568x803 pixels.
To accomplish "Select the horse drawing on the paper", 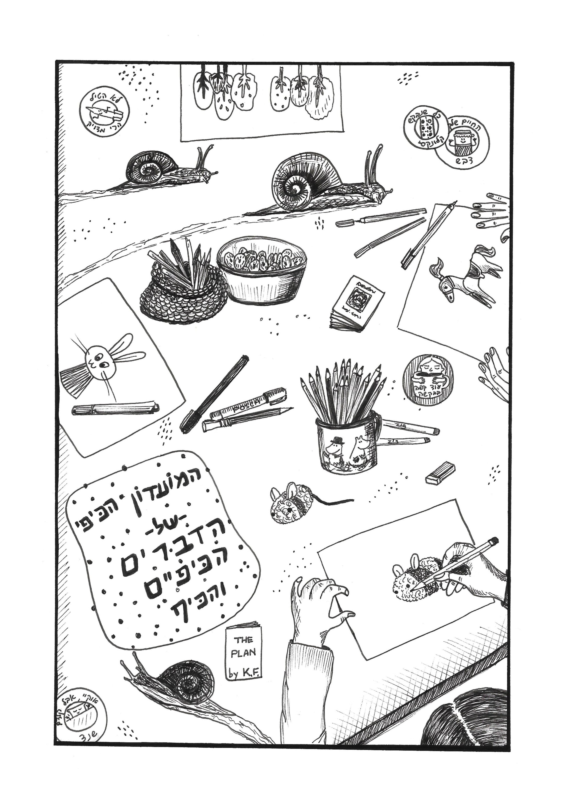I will pos(462,276).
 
